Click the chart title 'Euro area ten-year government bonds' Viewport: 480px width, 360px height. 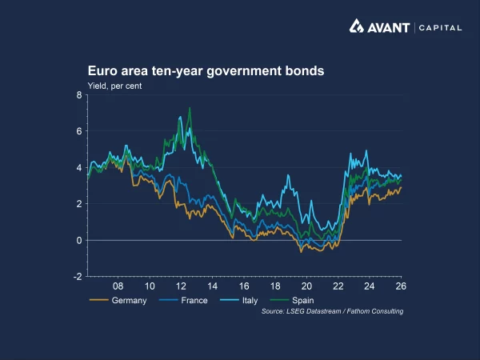(x=206, y=71)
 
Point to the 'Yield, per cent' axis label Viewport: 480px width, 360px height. (x=114, y=85)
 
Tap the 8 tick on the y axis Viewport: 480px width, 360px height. (x=79, y=95)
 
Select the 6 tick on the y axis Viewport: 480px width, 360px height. (x=79, y=131)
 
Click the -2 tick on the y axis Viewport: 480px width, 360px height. (x=78, y=277)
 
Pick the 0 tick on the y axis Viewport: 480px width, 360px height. (x=79, y=240)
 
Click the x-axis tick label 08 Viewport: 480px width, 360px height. (x=118, y=286)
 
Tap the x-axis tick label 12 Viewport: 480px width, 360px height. (x=181, y=286)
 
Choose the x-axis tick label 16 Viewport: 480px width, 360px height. (x=244, y=286)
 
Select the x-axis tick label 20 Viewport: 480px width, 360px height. (x=306, y=286)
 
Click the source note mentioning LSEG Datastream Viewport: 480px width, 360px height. (x=332, y=310)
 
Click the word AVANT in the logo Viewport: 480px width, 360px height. (x=389, y=27)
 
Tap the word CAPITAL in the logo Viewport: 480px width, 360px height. (x=440, y=27)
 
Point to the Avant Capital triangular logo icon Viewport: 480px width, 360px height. (x=358, y=26)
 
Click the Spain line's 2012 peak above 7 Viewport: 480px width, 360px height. (x=190, y=108)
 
